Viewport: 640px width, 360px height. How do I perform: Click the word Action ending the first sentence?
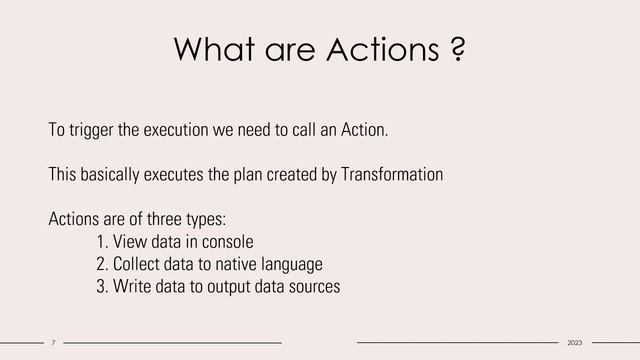point(362,131)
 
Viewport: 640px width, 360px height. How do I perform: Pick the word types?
point(204,220)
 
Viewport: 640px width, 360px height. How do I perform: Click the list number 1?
point(102,242)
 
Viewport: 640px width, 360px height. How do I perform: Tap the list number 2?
point(102,265)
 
